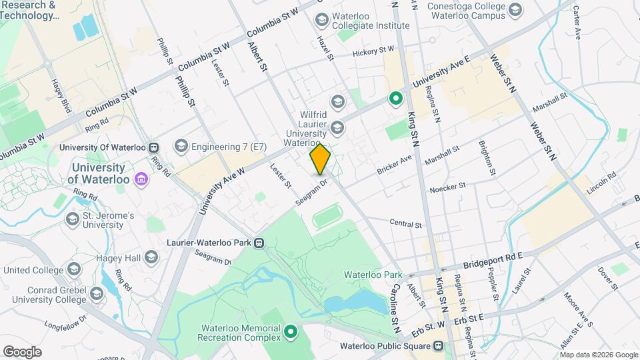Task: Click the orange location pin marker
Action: pos(320,159)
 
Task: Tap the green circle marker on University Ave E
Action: pos(395,99)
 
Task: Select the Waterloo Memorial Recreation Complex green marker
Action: pos(291,331)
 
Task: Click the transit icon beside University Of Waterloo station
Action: pos(154,147)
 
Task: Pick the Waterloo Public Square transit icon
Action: pos(438,345)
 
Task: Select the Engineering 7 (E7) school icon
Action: pos(181,146)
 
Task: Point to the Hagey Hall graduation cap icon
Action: pos(151,257)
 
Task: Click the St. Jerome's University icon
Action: pos(72,219)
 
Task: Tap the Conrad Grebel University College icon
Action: pos(97,294)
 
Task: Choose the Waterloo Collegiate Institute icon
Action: pos(322,20)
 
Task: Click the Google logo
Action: pos(22,351)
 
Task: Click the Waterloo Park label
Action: pos(373,275)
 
